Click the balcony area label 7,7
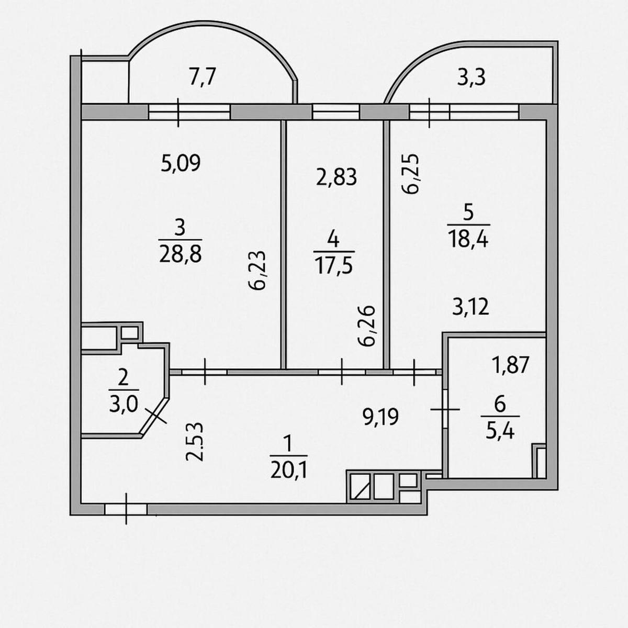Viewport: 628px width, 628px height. [x=203, y=78]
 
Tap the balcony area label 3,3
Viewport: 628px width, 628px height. [x=471, y=78]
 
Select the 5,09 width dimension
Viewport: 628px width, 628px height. [x=181, y=163]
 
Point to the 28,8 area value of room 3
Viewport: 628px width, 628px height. [x=181, y=254]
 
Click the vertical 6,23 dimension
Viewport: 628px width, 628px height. [x=257, y=271]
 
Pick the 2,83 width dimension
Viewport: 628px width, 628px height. [x=337, y=177]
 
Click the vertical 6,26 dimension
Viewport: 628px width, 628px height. [x=367, y=326]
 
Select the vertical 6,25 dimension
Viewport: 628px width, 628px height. [x=410, y=173]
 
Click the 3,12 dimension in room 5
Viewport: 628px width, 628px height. [x=470, y=307]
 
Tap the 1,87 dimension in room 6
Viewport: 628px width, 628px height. [x=510, y=365]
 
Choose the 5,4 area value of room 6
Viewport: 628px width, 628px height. [x=500, y=432]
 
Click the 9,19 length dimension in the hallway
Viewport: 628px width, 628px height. [x=380, y=417]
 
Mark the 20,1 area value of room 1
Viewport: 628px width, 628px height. [x=289, y=470]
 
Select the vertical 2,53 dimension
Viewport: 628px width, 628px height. [x=195, y=442]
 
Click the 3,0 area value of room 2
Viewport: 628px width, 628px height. [x=124, y=405]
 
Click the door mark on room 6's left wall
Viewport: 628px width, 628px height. [x=445, y=409]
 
